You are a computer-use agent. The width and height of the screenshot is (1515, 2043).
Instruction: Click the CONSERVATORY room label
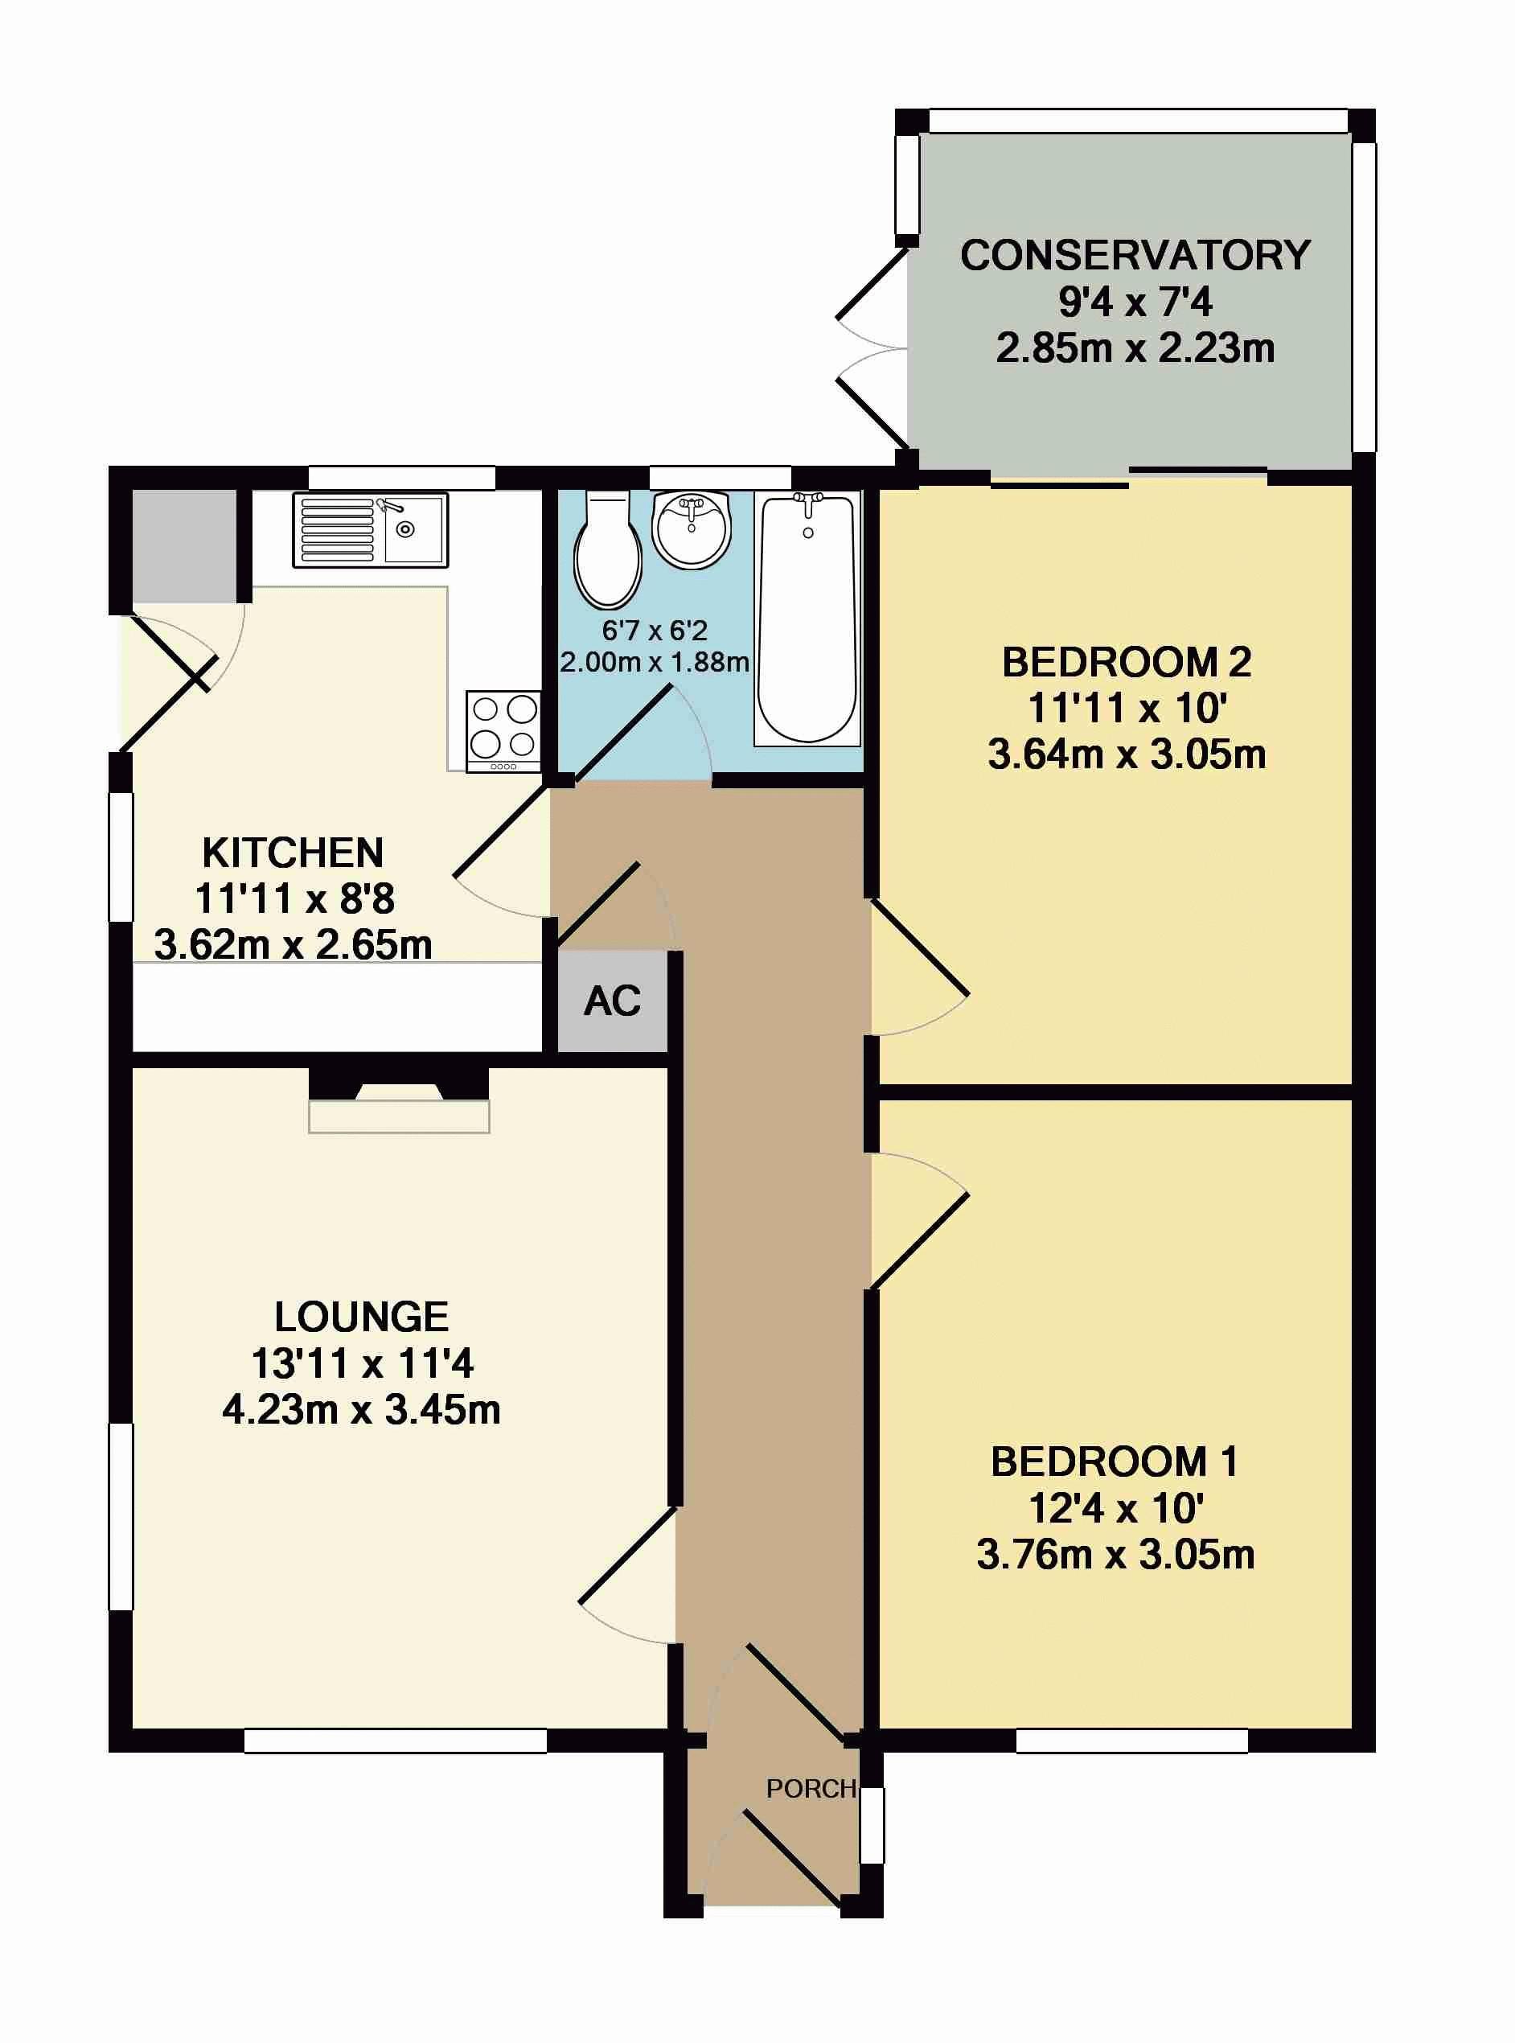click(x=1135, y=255)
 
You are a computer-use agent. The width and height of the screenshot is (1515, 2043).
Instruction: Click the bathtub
click(x=807, y=619)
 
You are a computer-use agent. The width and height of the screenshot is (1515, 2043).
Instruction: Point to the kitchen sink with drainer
click(x=371, y=530)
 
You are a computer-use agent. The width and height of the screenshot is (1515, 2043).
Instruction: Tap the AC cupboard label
click(x=613, y=1001)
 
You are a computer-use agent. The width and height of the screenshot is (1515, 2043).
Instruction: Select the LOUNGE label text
click(x=361, y=1317)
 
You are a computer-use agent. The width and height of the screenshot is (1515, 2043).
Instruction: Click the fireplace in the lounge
click(x=399, y=1100)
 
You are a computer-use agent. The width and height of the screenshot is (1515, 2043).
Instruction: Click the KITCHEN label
click(x=293, y=853)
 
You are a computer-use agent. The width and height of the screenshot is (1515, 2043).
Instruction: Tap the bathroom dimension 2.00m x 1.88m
click(x=655, y=661)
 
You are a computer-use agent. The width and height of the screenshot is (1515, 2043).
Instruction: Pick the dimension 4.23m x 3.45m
click(x=361, y=1410)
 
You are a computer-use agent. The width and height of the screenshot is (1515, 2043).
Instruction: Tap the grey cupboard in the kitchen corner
click(x=185, y=546)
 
